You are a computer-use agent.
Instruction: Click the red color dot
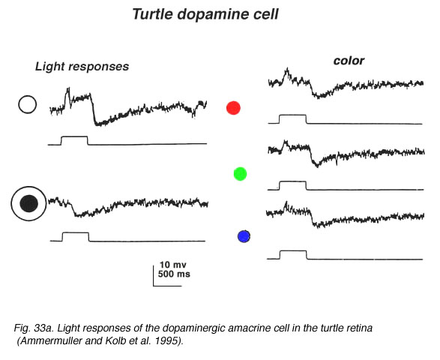[233, 108]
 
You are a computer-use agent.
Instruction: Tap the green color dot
[240, 174]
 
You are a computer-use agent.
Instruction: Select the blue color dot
[244, 236]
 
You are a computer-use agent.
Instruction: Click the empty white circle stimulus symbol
[28, 104]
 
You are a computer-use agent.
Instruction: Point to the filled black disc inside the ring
[29, 203]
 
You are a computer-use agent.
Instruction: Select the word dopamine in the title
[213, 14]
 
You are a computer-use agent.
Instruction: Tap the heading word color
[349, 61]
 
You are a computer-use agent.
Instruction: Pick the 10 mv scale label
[173, 265]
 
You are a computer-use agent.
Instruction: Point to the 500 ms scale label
[174, 274]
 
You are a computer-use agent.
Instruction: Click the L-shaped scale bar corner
[154, 286]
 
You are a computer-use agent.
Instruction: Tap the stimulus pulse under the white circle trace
[74, 136]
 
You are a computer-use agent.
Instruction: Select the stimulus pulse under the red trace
[292, 115]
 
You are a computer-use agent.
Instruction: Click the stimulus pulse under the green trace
[292, 181]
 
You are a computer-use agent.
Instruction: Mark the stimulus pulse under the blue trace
[294, 251]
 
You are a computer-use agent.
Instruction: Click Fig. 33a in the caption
[34, 328]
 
